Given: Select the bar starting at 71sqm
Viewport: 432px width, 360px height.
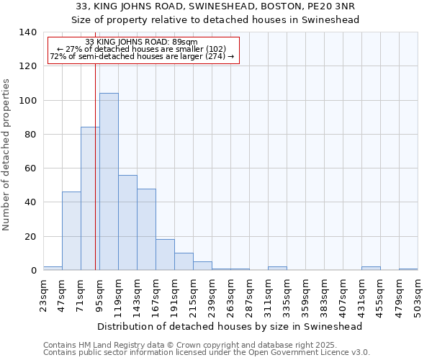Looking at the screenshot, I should click(90, 199).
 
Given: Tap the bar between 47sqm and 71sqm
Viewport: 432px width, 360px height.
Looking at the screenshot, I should click(71, 231).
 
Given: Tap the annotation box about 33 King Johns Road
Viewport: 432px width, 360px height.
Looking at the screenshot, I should click(142, 49).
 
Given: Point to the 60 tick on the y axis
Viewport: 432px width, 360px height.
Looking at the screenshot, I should click(30, 168).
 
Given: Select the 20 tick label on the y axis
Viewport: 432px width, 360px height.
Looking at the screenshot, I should click(30, 236).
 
